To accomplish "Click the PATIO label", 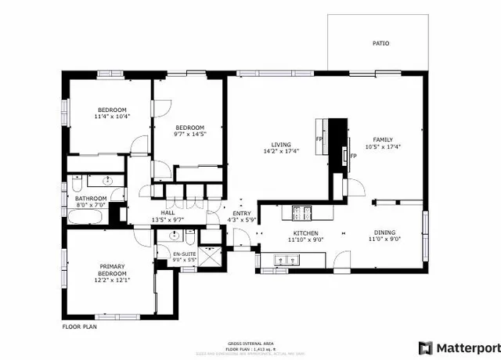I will [x=380, y=44].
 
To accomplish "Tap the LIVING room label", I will [x=281, y=145].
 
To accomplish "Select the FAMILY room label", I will [x=382, y=139].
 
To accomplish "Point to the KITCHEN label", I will [x=305, y=233].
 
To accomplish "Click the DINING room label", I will [x=384, y=233].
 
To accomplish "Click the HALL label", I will [x=168, y=212].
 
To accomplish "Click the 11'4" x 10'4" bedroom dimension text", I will [x=113, y=117].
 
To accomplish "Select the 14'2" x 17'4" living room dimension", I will [x=281, y=152].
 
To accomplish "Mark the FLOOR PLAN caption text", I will [x=79, y=326].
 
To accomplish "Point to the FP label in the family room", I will [x=354, y=156].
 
